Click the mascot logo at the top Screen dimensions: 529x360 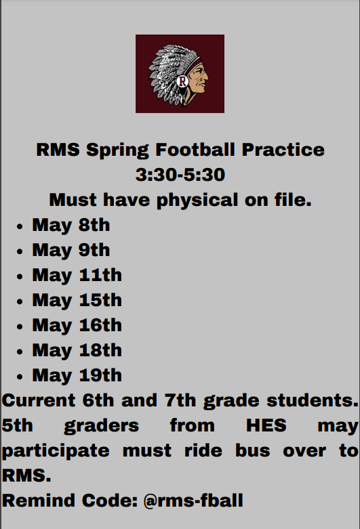[180, 73]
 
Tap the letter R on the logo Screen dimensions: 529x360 [182, 81]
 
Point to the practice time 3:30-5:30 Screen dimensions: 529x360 [180, 175]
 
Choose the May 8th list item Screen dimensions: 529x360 [71, 225]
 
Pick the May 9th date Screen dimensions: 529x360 [71, 250]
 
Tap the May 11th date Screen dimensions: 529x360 [77, 275]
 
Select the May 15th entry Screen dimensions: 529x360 [77, 300]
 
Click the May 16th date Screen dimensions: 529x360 [77, 325]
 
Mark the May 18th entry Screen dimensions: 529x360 [77, 350]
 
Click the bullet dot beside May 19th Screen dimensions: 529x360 [22, 377]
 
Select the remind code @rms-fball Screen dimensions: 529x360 [193, 501]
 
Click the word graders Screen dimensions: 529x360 [102, 426]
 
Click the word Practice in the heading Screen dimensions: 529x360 [283, 150]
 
